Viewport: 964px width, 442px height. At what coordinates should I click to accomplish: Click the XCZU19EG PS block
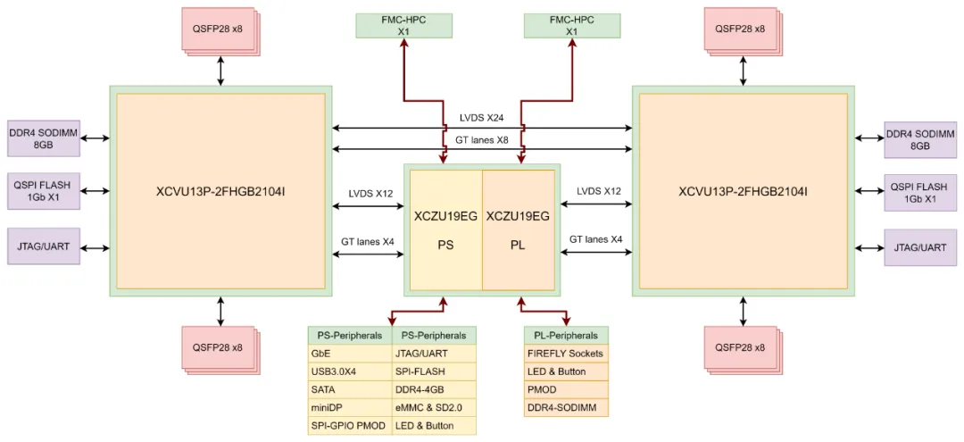pyautogui.click(x=445, y=229)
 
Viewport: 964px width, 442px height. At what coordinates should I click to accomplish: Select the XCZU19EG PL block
pyautogui.click(x=518, y=229)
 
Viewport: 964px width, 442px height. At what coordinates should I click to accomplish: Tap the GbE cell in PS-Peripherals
pyautogui.click(x=349, y=354)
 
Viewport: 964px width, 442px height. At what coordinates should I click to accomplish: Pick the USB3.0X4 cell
pyautogui.click(x=349, y=371)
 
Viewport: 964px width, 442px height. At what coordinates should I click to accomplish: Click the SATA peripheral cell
pyautogui.click(x=349, y=389)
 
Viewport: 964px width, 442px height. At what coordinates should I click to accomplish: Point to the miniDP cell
pyautogui.click(x=349, y=407)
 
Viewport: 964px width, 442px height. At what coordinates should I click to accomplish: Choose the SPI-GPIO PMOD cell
pyautogui.click(x=349, y=426)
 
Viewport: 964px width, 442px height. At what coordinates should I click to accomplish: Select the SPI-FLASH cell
pyautogui.click(x=434, y=371)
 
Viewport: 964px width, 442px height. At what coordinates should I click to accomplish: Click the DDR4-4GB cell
pyautogui.click(x=434, y=389)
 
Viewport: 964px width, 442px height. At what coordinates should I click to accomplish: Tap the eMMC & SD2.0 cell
pyautogui.click(x=434, y=407)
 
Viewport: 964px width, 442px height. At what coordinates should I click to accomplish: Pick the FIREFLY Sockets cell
pyautogui.click(x=565, y=354)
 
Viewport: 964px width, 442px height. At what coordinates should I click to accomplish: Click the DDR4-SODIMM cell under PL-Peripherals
pyautogui.click(x=565, y=408)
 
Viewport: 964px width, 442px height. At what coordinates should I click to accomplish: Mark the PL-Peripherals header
pyautogui.click(x=565, y=336)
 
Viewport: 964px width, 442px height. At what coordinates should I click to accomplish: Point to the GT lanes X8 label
pyautogui.click(x=483, y=139)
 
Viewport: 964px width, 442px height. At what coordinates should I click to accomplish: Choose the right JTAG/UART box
pyautogui.click(x=919, y=246)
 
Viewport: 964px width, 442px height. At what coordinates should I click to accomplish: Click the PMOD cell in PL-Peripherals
pyautogui.click(x=565, y=390)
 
